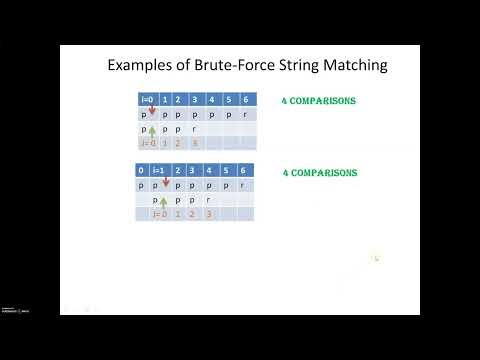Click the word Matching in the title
coord(352,66)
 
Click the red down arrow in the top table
coord(151,111)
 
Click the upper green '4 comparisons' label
coord(320,102)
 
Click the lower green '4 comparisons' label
coord(320,173)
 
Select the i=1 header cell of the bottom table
coord(164,172)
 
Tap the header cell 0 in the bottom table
coord(143,172)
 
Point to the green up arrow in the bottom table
coord(163,202)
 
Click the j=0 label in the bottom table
coord(160,214)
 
